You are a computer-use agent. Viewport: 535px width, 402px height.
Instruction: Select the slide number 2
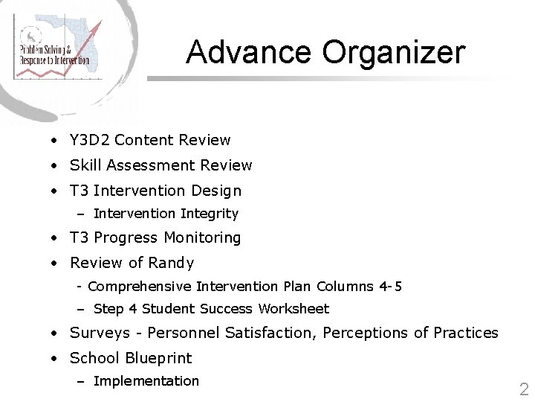(x=524, y=388)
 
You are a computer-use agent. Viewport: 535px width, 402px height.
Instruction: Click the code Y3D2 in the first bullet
(x=90, y=140)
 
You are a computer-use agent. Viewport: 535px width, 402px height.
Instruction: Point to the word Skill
(x=84, y=165)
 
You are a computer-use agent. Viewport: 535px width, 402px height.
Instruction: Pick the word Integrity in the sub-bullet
(x=210, y=214)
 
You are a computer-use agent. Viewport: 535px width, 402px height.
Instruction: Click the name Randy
(x=172, y=263)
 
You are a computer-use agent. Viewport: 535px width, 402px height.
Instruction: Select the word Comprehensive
(x=140, y=287)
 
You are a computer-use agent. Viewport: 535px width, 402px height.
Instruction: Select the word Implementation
(x=146, y=381)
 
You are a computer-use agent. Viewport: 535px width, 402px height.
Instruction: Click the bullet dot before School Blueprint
(x=55, y=359)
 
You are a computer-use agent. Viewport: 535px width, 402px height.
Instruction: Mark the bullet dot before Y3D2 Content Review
(x=55, y=141)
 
